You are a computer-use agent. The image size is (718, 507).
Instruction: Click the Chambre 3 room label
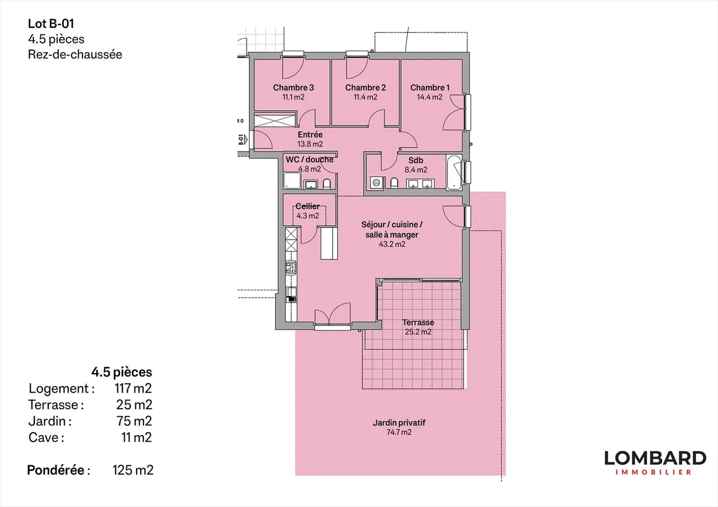click(x=293, y=88)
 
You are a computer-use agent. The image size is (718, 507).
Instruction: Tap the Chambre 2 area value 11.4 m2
click(x=365, y=97)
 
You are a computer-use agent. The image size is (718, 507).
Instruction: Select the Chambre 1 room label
click(x=430, y=88)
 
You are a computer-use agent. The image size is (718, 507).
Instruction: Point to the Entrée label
click(x=310, y=134)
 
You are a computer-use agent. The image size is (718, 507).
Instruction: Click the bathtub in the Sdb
click(x=454, y=172)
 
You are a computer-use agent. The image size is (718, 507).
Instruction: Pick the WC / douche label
click(x=309, y=159)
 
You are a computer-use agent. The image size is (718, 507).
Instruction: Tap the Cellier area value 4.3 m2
click(x=308, y=216)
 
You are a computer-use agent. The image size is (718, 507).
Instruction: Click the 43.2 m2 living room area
click(x=392, y=244)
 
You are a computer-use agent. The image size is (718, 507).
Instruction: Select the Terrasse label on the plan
click(x=418, y=322)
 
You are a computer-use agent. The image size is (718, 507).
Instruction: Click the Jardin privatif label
click(x=399, y=422)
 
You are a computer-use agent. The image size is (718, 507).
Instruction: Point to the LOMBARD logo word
click(x=655, y=458)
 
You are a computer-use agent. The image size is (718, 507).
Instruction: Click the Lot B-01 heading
click(x=51, y=23)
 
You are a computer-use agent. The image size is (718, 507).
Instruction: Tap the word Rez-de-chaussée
click(x=75, y=54)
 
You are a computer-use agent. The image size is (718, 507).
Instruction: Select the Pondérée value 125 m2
click(x=133, y=470)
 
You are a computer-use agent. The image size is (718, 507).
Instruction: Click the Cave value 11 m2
click(x=136, y=437)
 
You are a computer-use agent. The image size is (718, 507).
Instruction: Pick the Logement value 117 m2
click(x=133, y=388)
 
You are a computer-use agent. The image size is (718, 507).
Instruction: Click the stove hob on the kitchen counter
click(x=291, y=267)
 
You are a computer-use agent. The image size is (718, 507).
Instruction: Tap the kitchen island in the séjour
click(x=329, y=243)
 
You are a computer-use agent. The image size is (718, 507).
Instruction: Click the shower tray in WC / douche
click(x=292, y=180)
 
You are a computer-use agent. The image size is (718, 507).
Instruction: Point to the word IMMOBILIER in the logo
click(x=654, y=472)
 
